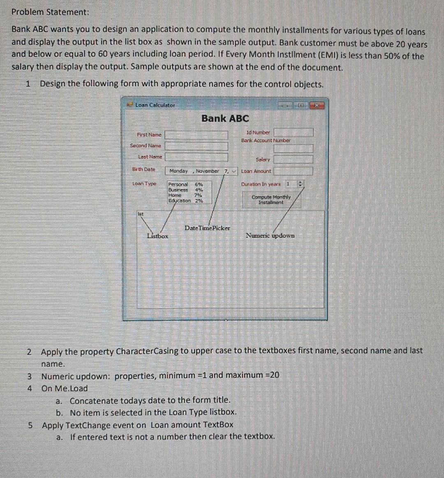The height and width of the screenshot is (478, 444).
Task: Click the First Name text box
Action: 197,135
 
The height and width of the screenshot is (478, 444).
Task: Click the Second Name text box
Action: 197,146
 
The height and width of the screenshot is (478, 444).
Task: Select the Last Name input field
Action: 197,157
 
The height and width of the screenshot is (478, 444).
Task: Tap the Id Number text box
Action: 294,132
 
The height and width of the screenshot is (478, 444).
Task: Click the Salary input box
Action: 294,159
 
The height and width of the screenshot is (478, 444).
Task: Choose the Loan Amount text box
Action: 294,171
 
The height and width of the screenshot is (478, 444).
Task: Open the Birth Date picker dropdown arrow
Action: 234,171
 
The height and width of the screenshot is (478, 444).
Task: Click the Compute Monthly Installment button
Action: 271,200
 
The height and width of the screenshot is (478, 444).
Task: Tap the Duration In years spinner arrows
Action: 300,184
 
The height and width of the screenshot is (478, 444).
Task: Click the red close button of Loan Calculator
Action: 317,105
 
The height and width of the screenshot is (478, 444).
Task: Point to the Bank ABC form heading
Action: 225,118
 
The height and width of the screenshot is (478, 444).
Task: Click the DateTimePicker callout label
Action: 207,228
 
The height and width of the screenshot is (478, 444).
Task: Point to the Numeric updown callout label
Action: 270,235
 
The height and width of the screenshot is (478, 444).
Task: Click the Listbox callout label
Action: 157,236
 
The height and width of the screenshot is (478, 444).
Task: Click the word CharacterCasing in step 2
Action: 147,352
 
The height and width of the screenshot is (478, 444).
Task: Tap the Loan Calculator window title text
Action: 155,105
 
